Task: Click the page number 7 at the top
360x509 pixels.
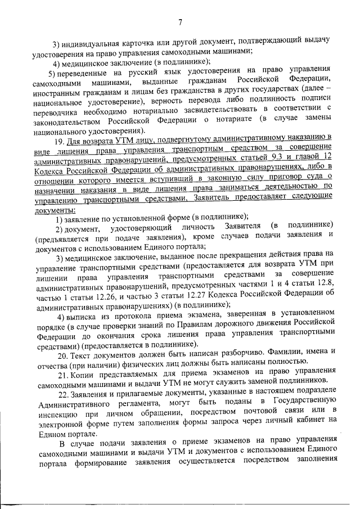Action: click(180, 22)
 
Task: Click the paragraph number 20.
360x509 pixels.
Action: click(63, 355)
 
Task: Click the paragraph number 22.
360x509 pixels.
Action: click(63, 394)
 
